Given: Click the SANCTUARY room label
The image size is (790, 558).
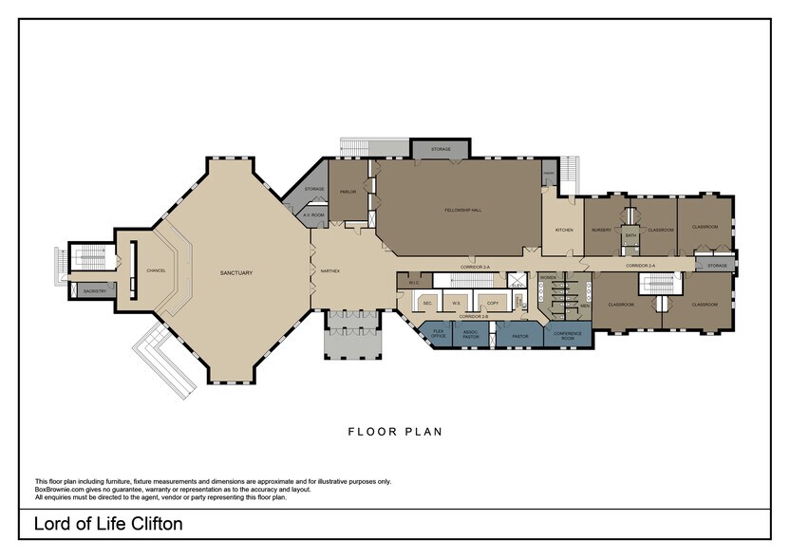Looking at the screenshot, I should pyautogui.click(x=236, y=272).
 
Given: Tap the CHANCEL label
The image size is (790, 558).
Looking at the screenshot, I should pyautogui.click(x=157, y=270).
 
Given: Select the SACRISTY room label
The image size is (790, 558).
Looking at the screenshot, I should pyautogui.click(x=94, y=290).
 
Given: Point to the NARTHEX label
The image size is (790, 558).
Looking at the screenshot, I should pyautogui.click(x=330, y=270).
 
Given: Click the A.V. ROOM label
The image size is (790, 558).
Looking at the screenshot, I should pyautogui.click(x=313, y=215).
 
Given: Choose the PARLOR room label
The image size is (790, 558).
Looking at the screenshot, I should pyautogui.click(x=348, y=192).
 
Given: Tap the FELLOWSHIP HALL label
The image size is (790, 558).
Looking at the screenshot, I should pyautogui.click(x=462, y=210).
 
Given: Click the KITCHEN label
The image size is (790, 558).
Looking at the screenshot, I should pyautogui.click(x=564, y=230).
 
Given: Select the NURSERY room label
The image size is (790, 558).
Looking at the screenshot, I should pyautogui.click(x=601, y=230).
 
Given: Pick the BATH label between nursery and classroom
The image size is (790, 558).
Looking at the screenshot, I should pyautogui.click(x=630, y=235).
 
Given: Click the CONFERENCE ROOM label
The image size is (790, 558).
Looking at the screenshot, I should pyautogui.click(x=568, y=335).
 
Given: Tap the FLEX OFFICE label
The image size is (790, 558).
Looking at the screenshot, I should pyautogui.click(x=439, y=334).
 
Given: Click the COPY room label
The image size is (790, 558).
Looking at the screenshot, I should pyautogui.click(x=492, y=303).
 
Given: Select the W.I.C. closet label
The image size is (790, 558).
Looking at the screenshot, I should pyautogui.click(x=414, y=282).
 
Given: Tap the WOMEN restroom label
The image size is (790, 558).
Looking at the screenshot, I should pyautogui.click(x=547, y=277).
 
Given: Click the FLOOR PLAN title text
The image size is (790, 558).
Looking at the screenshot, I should pyautogui.click(x=394, y=432).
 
